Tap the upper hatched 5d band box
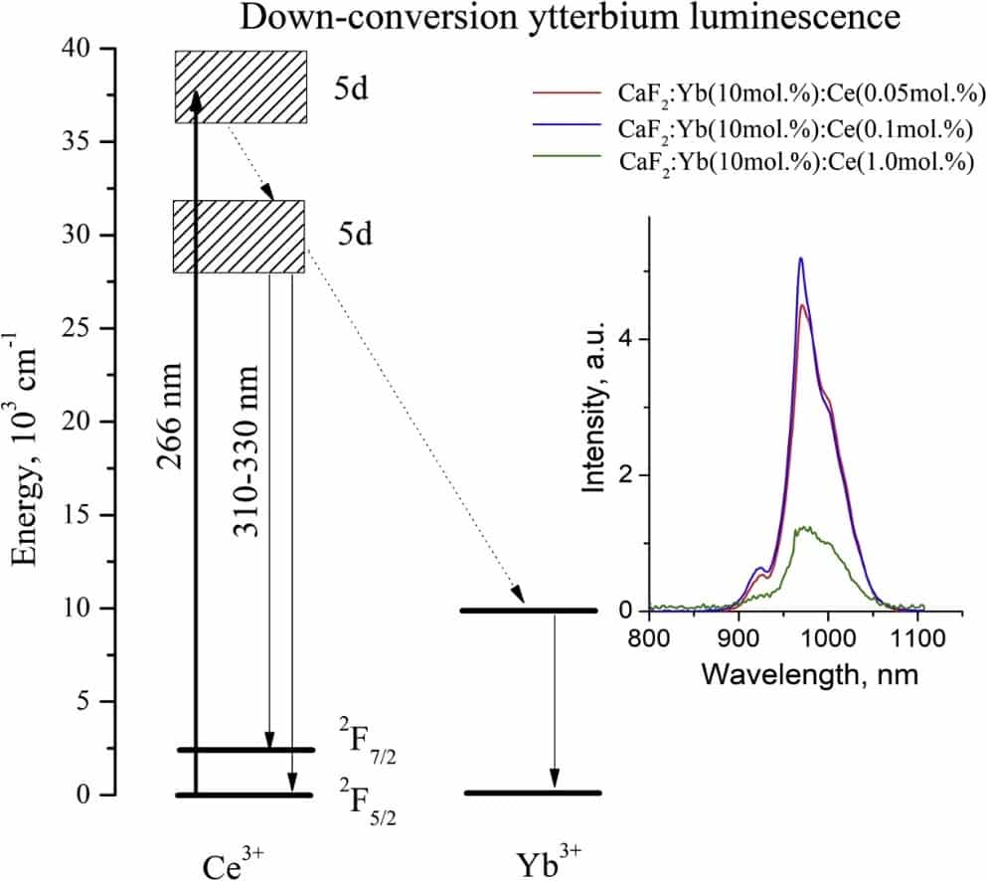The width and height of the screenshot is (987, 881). tap(241, 87)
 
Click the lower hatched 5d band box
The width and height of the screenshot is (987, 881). tap(239, 236)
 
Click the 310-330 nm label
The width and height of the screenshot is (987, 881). tap(247, 451)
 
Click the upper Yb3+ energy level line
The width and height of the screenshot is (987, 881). tap(529, 610)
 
